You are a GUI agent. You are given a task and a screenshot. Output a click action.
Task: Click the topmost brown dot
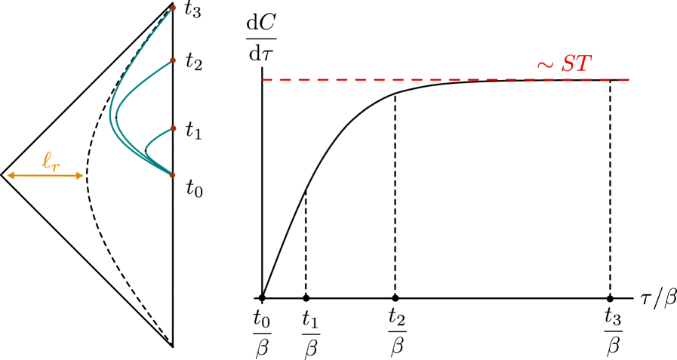point(173,8)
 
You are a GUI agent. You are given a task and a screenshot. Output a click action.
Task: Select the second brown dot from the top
point(173,60)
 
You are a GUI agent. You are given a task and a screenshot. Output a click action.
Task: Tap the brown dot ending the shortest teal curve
point(173,128)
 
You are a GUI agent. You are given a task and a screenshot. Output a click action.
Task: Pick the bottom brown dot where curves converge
point(172,175)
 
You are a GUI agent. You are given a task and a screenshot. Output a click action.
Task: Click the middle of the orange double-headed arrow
point(45,176)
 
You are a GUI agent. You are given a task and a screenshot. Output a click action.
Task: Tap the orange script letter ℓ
point(47,160)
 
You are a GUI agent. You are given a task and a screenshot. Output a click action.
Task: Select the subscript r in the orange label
point(57,165)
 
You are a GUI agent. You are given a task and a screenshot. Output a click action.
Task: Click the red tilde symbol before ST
point(545,66)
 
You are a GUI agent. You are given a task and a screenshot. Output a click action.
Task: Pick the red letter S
point(568,64)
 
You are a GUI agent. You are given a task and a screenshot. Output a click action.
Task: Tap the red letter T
point(583,64)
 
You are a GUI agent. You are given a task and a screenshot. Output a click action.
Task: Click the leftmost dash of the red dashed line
point(266,79)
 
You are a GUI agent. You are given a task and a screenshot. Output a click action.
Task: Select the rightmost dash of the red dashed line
point(624,79)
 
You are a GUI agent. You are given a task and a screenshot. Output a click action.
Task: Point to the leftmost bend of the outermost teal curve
point(110,115)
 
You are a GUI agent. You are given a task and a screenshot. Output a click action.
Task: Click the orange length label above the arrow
point(51,162)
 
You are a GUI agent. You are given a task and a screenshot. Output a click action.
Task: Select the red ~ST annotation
point(564,65)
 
